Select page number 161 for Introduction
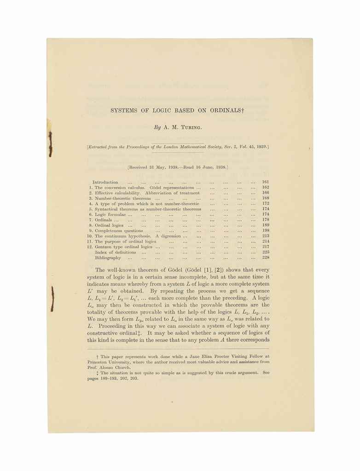265,182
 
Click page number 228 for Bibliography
265,258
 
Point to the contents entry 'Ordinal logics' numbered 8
109,225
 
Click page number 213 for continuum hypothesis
265,236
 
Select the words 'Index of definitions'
115,253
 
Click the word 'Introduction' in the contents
105,182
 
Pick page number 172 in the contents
265,203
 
